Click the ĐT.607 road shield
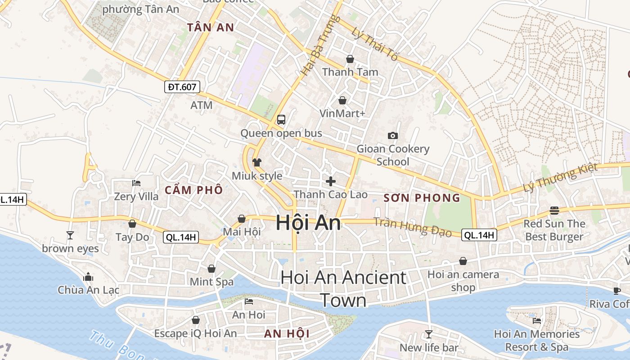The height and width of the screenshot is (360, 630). coord(182,87)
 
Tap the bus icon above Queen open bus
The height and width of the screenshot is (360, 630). coord(281,120)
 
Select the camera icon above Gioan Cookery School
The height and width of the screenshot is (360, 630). coord(393,135)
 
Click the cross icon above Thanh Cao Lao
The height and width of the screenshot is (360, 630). coord(331,181)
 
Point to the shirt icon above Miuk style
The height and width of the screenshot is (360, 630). coord(257,162)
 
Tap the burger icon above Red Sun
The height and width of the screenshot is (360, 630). coord(554,211)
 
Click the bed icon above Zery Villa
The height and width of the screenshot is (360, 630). coord(136,183)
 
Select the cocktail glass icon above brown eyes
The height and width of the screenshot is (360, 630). coord(70,235)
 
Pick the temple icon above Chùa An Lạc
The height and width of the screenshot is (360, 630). coord(88,276)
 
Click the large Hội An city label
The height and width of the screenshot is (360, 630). coord(308,222)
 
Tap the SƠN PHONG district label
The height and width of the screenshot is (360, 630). coord(422,198)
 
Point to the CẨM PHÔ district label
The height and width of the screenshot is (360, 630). coord(193,190)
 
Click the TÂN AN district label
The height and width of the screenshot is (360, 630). coord(211,27)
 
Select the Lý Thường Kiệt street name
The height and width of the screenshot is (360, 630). coord(561,178)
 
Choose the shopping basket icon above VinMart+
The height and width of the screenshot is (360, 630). coord(342,100)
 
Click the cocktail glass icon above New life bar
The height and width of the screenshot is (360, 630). coord(429,334)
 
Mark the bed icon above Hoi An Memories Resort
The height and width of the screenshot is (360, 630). coord(537,321)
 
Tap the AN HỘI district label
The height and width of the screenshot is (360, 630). coord(287,334)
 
